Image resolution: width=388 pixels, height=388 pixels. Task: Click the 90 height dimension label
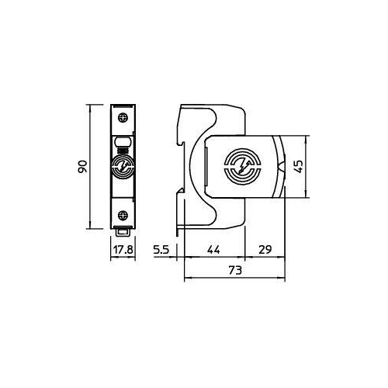pos(83,167)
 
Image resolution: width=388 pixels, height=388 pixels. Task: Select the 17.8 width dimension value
pos(123,250)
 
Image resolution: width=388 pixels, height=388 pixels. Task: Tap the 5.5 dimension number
pos(161,250)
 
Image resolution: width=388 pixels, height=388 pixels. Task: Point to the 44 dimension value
pos(213,250)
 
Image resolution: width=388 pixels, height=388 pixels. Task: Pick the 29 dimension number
pos(265,250)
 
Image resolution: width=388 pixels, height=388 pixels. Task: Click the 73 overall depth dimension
pos(235,270)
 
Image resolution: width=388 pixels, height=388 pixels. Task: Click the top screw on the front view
pos(123,118)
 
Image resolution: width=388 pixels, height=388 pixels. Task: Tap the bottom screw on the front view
pos(123,215)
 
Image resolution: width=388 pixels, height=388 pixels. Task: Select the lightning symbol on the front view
pos(123,166)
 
